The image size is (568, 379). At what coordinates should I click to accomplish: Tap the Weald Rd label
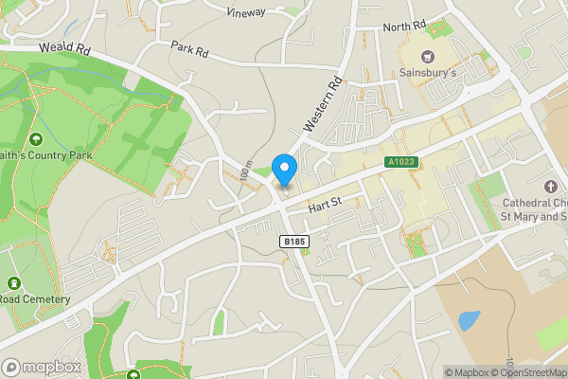[x=63, y=46]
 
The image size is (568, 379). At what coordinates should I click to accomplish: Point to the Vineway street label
[x=247, y=12]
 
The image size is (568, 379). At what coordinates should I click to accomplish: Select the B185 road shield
[x=294, y=243]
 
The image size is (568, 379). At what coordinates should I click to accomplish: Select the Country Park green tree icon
[x=37, y=140]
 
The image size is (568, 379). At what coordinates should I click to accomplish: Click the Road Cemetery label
[x=35, y=299]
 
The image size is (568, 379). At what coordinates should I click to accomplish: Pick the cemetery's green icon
[x=14, y=283]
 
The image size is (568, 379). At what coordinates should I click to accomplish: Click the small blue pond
[x=469, y=320]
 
